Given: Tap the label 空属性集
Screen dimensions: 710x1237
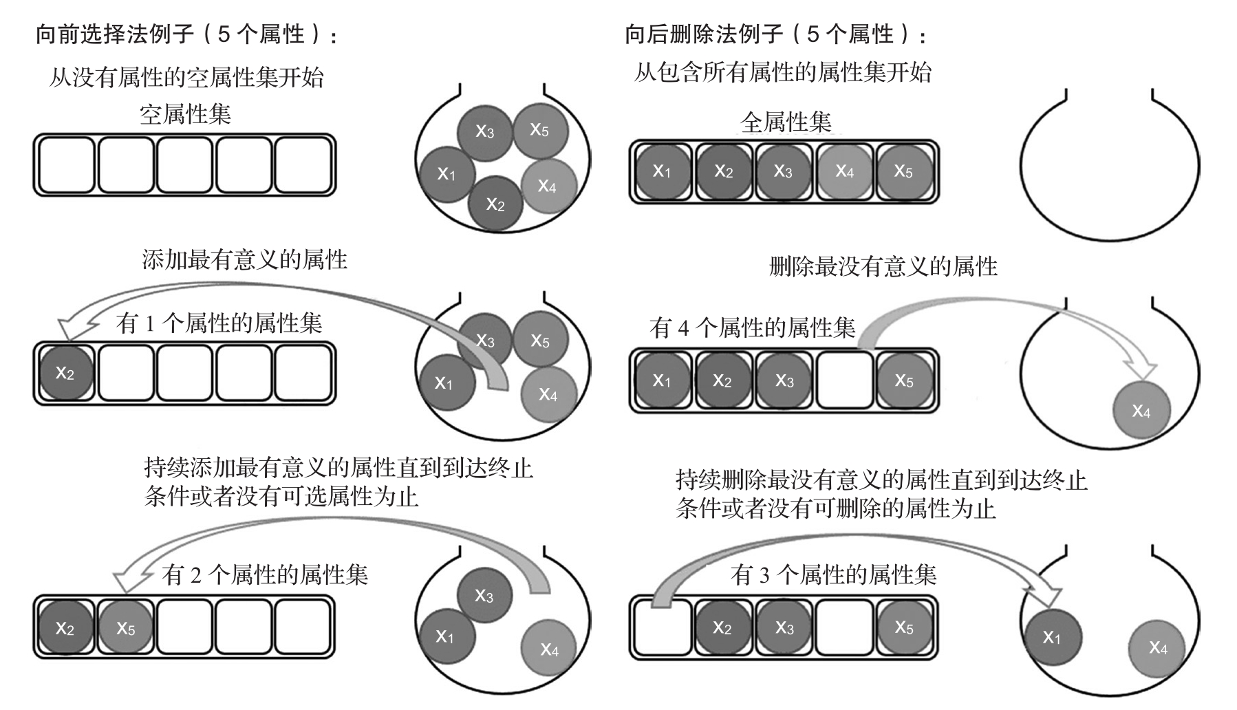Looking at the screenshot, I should coord(185,114).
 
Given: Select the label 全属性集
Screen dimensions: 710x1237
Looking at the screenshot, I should coord(786,122).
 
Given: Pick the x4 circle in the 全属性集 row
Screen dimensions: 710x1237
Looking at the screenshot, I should coord(845,172).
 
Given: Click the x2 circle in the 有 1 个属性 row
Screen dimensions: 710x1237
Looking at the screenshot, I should coord(65,374).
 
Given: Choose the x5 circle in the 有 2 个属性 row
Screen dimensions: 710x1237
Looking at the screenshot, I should coord(126,628).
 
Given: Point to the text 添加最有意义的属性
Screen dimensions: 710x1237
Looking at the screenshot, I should coord(245,260).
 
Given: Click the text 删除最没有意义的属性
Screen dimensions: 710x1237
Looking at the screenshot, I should coord(883,266).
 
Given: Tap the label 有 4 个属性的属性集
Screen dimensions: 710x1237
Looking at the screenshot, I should coord(752,327).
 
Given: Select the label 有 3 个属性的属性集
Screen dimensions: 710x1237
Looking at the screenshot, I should coord(833,574).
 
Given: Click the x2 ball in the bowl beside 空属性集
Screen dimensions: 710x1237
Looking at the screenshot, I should coord(495,204).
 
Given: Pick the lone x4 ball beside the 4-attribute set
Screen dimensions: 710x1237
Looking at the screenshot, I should coord(1141,411).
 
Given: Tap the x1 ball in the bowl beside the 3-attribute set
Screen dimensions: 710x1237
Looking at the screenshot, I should coord(1053,637).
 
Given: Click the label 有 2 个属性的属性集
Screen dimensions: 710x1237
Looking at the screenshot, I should coord(265,574).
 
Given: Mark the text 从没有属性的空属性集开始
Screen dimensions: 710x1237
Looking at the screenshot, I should coord(186,77).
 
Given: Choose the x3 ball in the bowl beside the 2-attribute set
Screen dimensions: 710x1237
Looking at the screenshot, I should coord(484,596).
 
